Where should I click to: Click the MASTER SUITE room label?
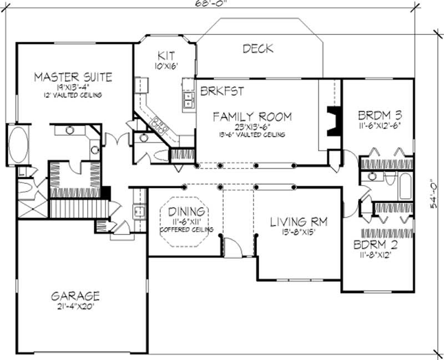[73, 77]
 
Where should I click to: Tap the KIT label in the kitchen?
[167, 56]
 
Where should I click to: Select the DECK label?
[258, 49]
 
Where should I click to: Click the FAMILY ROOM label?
[253, 117]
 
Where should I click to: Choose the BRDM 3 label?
[380, 116]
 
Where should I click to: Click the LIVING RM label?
[299, 222]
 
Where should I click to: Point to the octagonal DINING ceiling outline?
[185, 219]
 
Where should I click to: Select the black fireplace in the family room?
[334, 121]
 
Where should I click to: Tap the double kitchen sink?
[189, 101]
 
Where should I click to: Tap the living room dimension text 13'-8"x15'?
[298, 233]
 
